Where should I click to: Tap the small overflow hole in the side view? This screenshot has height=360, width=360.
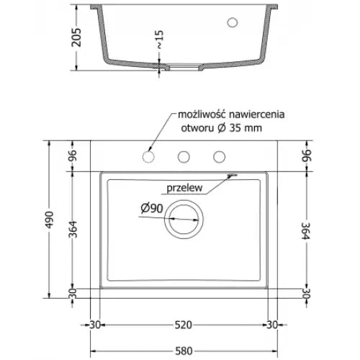[233, 22]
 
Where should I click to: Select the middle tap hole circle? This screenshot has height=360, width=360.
[184, 156]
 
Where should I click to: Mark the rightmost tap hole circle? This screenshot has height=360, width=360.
[217, 156]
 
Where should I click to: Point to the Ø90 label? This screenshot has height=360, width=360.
[150, 209]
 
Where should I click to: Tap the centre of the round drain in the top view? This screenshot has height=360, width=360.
[184, 219]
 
